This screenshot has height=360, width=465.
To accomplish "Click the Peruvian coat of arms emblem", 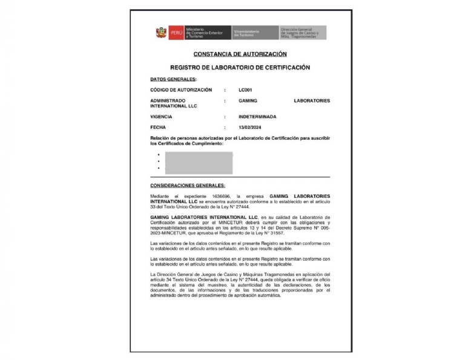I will (160, 32).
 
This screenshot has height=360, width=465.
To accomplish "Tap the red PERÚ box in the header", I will (176, 32).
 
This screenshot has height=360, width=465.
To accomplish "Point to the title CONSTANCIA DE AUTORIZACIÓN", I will (240, 54).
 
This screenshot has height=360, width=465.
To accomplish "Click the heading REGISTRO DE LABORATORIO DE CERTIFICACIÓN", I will (240, 67).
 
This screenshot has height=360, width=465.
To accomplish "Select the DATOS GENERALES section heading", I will (173, 79).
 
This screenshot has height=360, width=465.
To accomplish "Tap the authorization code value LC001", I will (245, 90).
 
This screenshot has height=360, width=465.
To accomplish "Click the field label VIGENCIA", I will (162, 116).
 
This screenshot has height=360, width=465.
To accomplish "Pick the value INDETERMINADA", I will (258, 116).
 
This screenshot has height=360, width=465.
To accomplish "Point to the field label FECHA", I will (158, 128).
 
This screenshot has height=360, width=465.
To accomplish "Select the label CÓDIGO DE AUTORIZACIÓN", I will (181, 90).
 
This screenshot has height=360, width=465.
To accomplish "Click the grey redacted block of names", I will (199, 162).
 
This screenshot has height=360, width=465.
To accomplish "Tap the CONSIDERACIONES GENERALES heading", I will (188, 185).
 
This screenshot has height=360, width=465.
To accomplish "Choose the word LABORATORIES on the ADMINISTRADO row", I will (312, 100).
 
